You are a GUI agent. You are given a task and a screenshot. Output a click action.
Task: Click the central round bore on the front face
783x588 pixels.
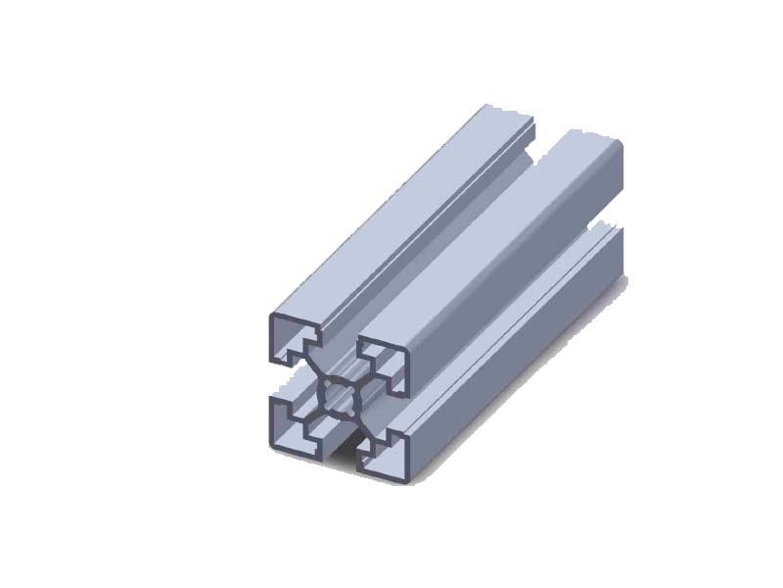click(x=340, y=397)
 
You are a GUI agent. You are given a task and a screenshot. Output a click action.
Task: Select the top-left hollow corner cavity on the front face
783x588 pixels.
click(x=295, y=339)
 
